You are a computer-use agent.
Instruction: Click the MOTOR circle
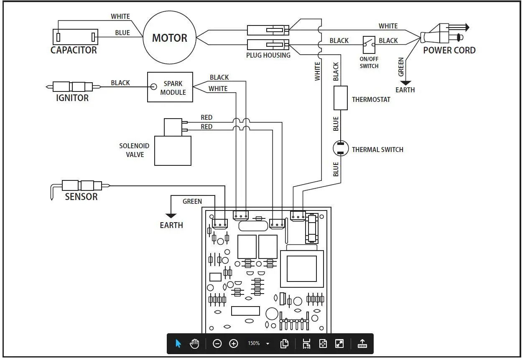[169, 38]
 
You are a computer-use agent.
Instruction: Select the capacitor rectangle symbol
[75, 37]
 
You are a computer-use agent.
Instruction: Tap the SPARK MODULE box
[170, 87]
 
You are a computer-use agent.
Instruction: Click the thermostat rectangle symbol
[341, 98]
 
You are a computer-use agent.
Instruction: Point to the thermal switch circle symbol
[341, 149]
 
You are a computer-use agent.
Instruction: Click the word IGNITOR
[72, 98]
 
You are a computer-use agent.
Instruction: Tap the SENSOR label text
[81, 197]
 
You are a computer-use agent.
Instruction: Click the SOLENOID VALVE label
[134, 150]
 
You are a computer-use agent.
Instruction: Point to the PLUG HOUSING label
[268, 55]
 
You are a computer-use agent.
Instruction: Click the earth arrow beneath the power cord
[405, 83]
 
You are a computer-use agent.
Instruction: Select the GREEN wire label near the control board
[192, 201]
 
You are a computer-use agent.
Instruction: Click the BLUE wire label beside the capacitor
[122, 33]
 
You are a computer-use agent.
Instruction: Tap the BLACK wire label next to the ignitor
[120, 83]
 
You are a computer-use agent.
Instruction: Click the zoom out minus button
[217, 344]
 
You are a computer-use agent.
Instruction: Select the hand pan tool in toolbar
[194, 344]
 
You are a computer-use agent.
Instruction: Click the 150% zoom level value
[254, 343]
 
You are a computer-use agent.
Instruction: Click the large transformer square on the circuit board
[301, 269]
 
